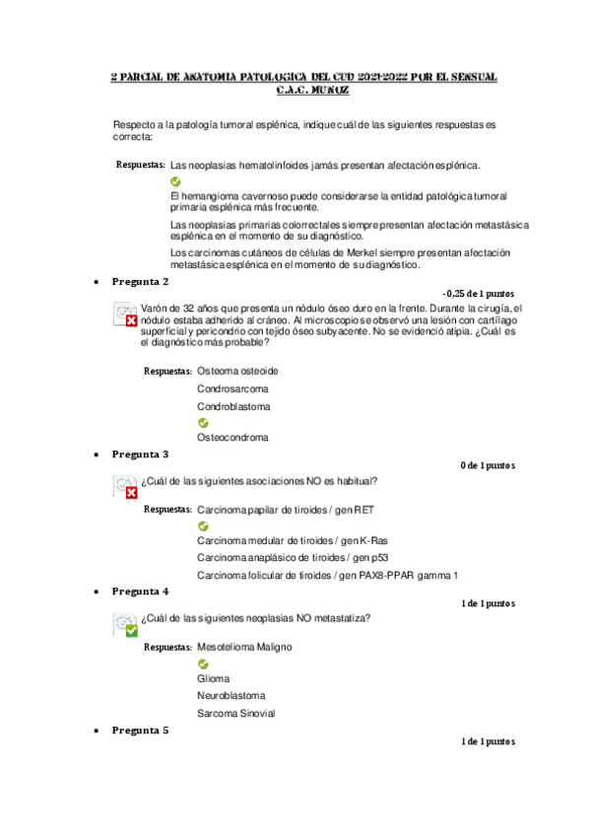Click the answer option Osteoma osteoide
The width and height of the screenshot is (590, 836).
[237, 371]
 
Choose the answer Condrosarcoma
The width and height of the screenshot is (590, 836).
[232, 388]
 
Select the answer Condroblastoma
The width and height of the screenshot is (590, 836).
[234, 406]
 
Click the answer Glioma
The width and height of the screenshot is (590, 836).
[214, 678]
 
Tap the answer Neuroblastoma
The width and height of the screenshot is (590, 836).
[229, 695]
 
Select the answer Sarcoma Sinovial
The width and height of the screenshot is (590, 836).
[235, 713]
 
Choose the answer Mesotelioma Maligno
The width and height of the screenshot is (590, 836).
[244, 647]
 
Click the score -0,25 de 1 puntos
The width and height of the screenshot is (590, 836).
[479, 293]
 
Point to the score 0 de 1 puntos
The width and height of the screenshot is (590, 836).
[487, 465]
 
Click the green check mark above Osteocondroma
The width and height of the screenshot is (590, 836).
[203, 423]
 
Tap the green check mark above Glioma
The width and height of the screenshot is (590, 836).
[203, 663]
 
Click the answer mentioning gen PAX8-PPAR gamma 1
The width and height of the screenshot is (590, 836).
[327, 575]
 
